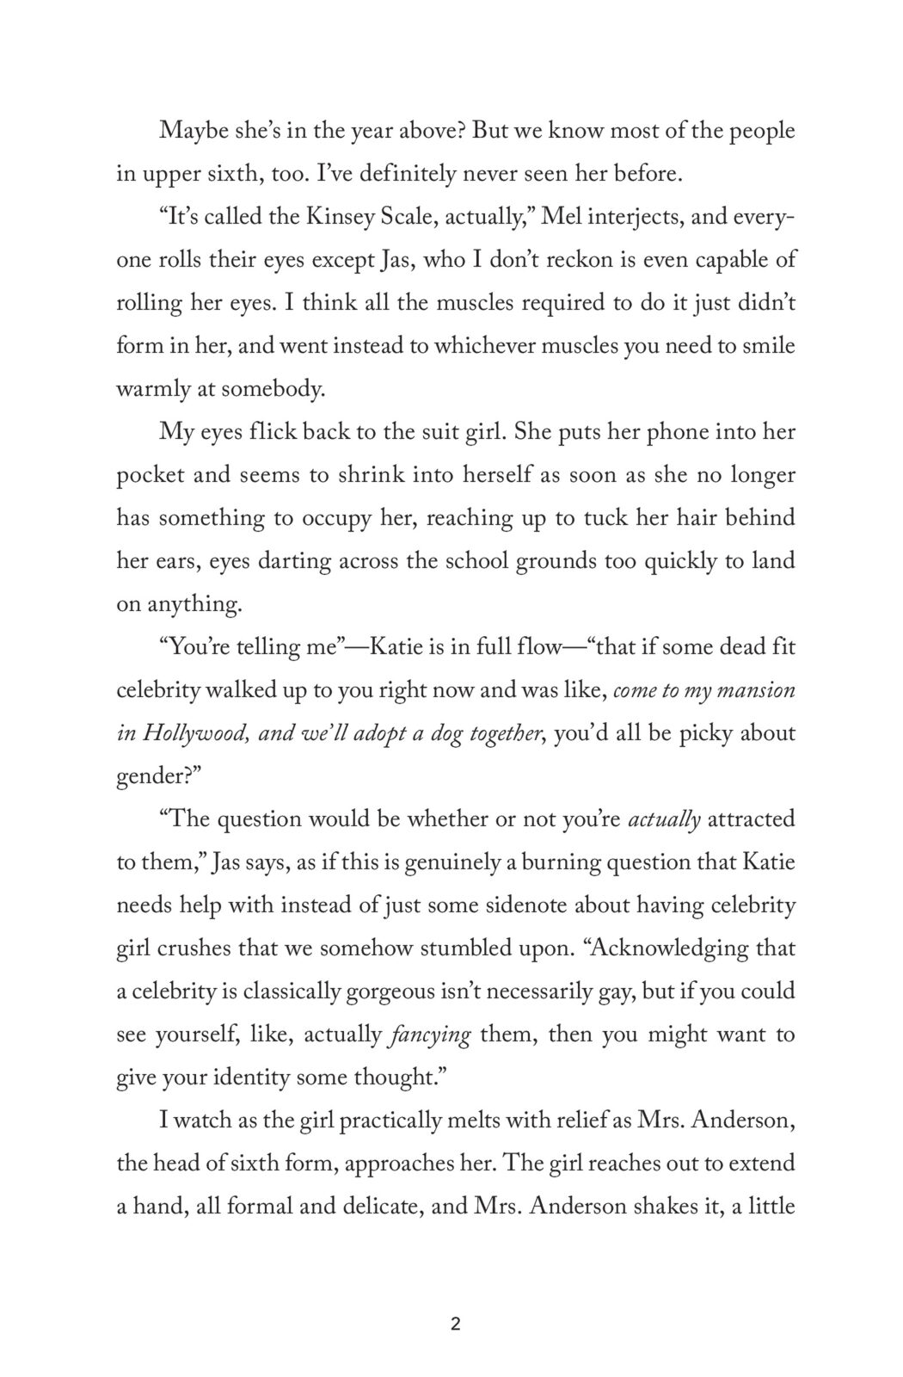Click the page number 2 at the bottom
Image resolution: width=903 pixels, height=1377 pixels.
(x=455, y=1325)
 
